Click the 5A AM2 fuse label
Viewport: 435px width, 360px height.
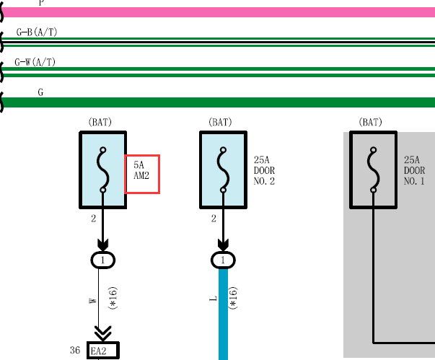click(141, 170)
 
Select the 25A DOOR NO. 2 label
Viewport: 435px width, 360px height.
click(264, 170)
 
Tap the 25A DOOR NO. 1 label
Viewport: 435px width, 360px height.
click(414, 170)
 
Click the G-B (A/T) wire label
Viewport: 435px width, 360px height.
click(37, 32)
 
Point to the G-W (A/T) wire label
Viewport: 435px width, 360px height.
click(35, 62)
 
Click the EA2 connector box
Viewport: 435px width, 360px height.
click(103, 351)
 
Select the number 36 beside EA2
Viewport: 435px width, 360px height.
click(75, 351)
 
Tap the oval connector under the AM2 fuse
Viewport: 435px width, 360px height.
click(103, 260)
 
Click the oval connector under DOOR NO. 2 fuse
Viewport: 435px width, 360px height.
click(223, 260)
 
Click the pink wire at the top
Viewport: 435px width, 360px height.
click(218, 12)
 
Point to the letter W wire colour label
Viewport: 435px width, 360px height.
click(92, 301)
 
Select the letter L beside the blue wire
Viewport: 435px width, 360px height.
click(213, 299)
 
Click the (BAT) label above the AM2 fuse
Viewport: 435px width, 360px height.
click(100, 122)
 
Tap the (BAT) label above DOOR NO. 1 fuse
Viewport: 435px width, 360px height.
click(370, 122)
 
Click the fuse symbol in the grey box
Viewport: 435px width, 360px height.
click(374, 170)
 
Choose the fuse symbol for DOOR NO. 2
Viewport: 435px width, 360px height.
click(224, 170)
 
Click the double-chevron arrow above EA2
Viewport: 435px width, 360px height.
click(103, 333)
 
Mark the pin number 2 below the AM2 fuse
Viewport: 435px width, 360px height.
click(94, 219)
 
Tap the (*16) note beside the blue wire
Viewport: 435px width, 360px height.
click(233, 298)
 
